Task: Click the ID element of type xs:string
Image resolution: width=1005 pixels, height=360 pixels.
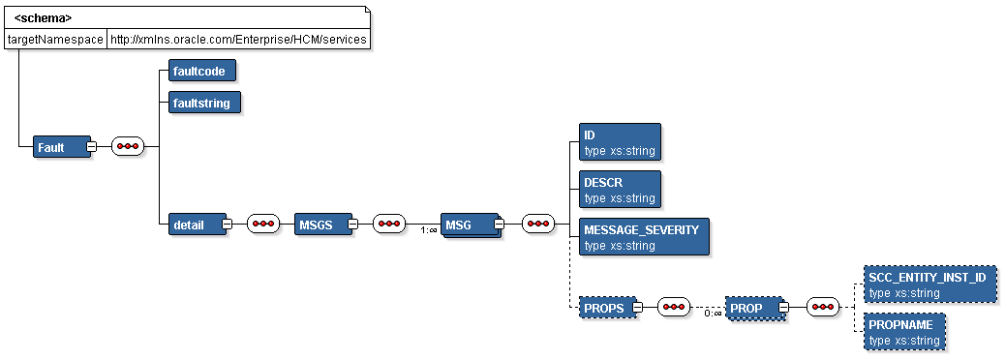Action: pos(619,141)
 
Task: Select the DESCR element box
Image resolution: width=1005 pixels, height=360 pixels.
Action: pos(619,190)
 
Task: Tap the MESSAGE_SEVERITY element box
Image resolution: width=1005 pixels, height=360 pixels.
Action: pos(643,237)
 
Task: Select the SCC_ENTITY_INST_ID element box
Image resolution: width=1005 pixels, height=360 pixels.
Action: pos(929,285)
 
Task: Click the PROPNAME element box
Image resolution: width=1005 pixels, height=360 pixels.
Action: pos(903,331)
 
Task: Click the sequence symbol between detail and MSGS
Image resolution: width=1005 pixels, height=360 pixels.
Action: pos(263,225)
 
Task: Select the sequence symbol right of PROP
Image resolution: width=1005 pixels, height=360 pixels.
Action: pos(822,308)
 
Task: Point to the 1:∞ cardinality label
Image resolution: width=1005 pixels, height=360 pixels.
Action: pos(427,230)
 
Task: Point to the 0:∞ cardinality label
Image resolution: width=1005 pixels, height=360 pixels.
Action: pos(712,314)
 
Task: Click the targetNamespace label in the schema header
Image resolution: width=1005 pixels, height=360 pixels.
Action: pos(55,39)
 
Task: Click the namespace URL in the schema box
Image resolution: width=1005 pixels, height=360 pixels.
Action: pos(237,39)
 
